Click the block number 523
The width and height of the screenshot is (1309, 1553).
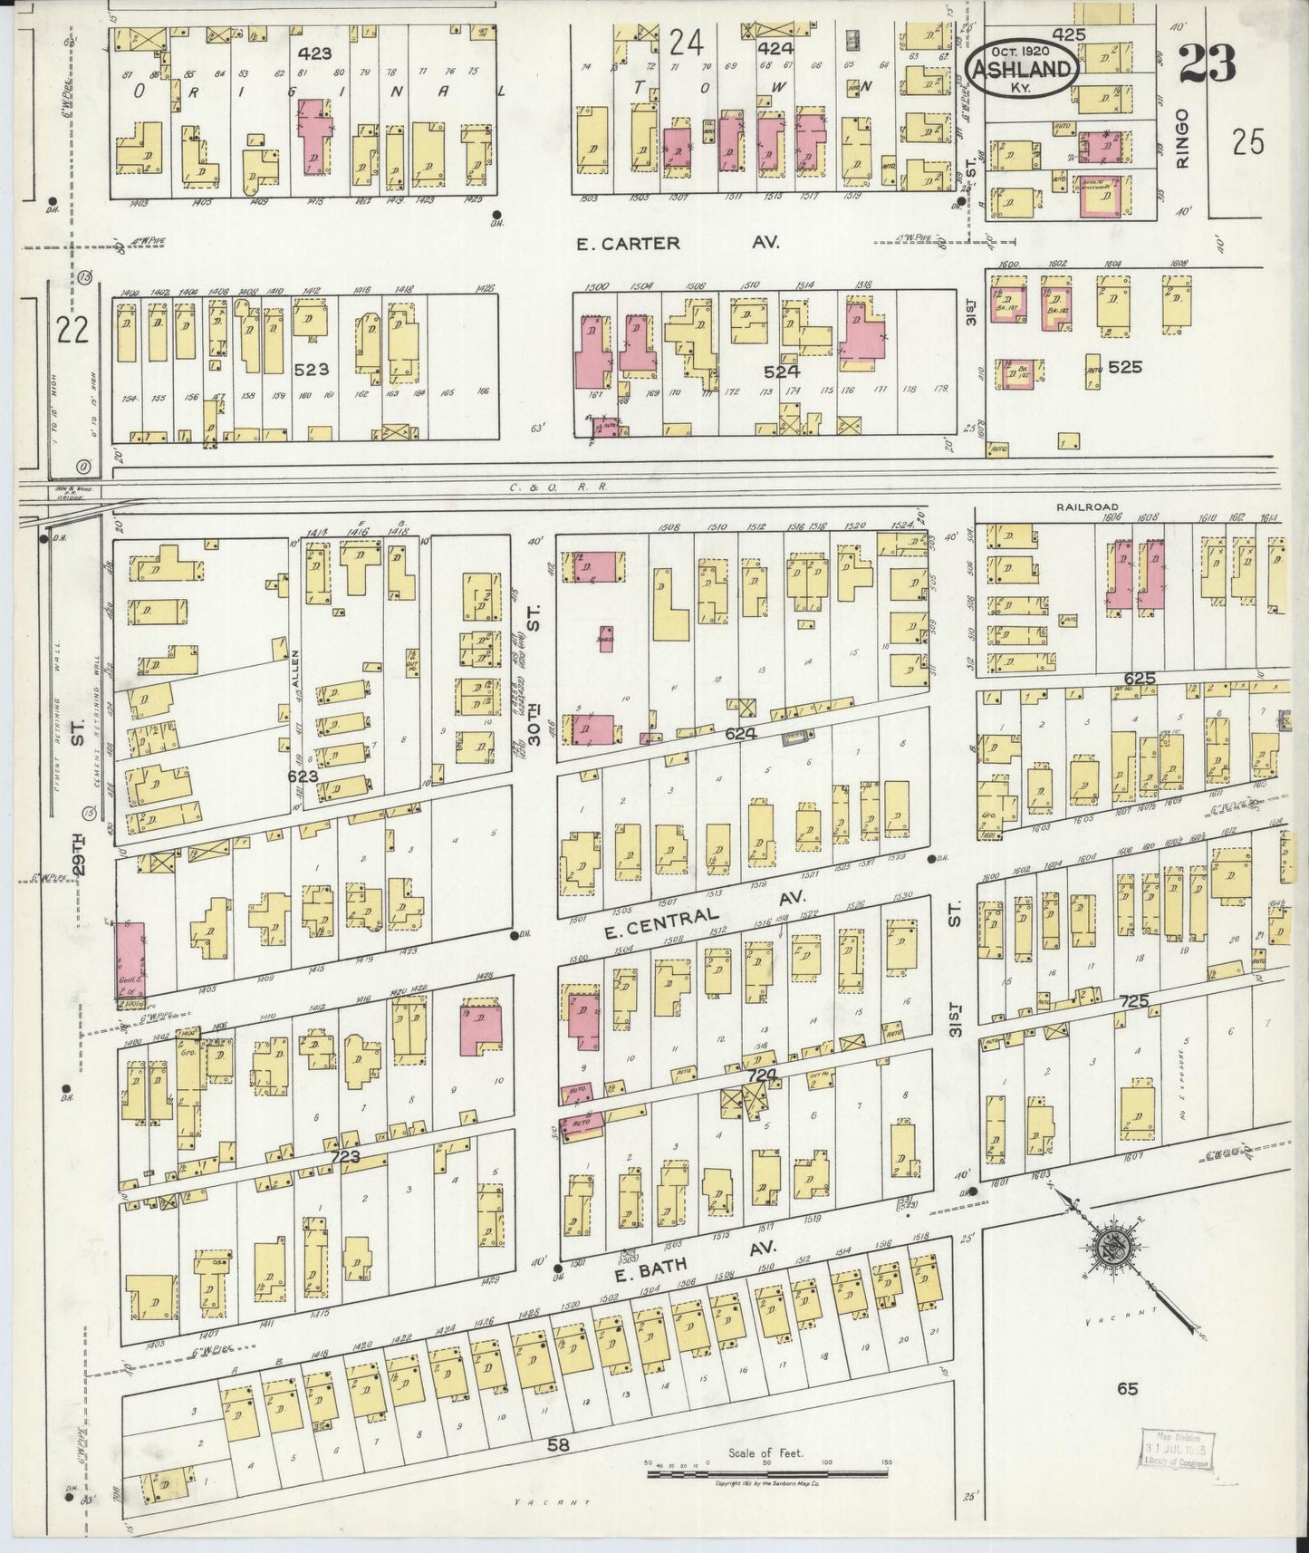311,370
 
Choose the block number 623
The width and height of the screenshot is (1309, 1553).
303,776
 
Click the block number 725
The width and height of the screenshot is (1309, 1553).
1133,1001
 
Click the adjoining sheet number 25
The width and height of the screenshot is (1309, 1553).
1247,143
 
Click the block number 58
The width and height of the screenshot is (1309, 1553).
558,1444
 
